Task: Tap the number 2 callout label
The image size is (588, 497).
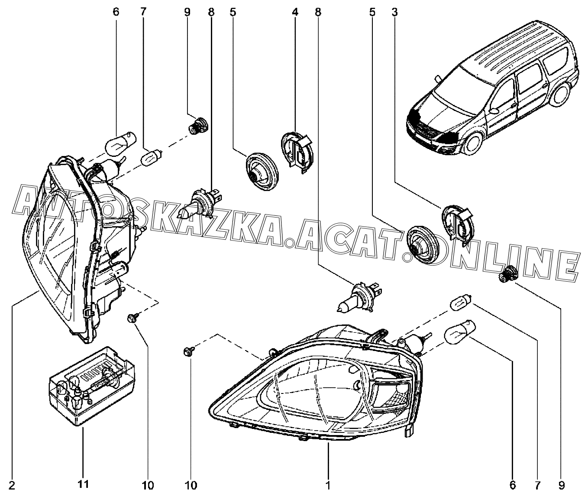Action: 12,484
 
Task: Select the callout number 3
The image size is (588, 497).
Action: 394,12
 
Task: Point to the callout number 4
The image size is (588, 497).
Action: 295,12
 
